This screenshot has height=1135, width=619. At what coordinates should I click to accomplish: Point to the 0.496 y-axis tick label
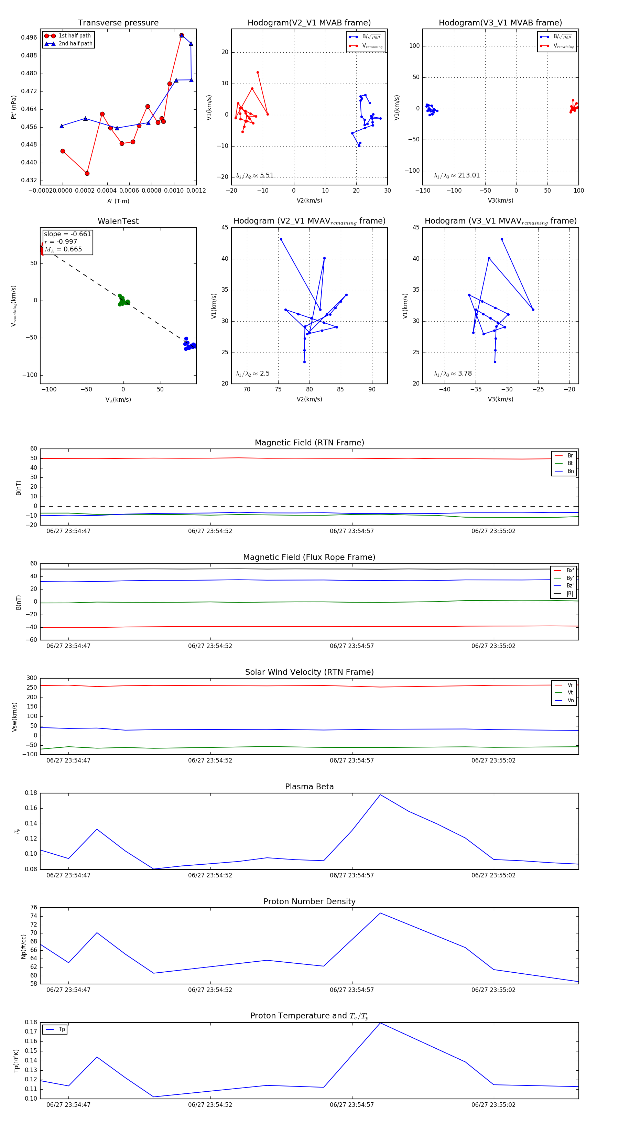click(x=29, y=37)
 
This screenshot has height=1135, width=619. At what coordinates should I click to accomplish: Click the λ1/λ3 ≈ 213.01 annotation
click(x=457, y=175)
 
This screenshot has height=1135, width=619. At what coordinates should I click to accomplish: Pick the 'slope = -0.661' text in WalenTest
click(x=67, y=234)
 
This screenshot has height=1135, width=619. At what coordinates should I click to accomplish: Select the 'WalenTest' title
click(x=118, y=221)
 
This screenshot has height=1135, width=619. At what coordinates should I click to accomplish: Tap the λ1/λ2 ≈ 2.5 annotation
click(x=252, y=374)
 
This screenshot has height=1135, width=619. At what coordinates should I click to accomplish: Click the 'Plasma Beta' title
click(x=309, y=787)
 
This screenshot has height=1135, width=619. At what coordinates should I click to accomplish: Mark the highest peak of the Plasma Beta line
click(x=380, y=795)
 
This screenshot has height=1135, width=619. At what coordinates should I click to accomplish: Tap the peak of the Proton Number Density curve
click(x=380, y=913)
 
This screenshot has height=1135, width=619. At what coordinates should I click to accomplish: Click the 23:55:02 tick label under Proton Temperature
click(x=493, y=1105)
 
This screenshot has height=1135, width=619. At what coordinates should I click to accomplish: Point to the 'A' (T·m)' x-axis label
click(x=118, y=201)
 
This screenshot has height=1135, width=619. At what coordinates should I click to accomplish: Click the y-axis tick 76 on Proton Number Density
click(x=33, y=907)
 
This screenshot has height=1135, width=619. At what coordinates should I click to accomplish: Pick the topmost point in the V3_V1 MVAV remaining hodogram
click(x=502, y=239)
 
